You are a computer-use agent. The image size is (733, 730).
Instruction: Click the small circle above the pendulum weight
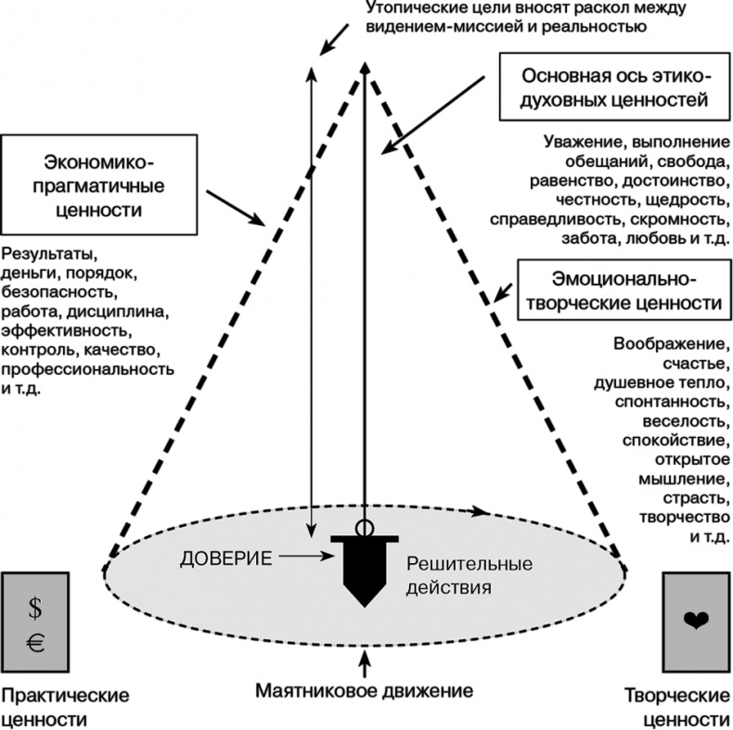click(x=365, y=528)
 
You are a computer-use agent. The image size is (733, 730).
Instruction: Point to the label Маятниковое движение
click(x=365, y=691)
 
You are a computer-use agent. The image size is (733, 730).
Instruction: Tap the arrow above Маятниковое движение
click(x=365, y=662)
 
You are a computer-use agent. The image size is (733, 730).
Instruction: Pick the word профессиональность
click(x=87, y=369)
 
